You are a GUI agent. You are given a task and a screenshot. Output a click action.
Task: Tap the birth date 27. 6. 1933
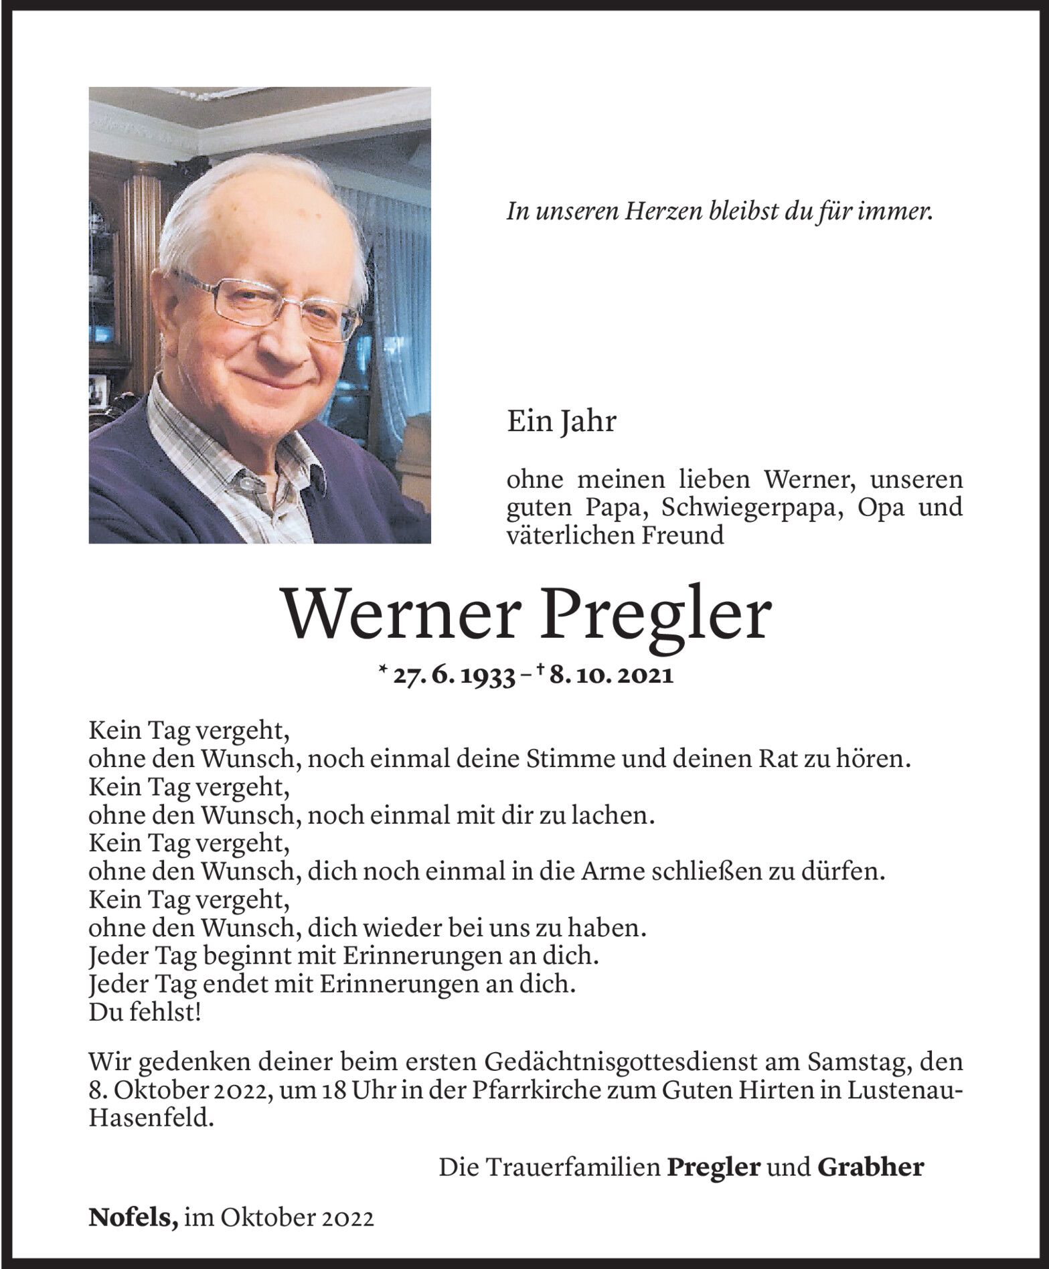453,677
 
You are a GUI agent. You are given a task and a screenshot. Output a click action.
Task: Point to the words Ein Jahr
561,423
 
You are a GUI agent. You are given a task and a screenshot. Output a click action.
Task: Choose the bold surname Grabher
870,1167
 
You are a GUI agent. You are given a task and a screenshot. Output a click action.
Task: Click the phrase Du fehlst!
145,1013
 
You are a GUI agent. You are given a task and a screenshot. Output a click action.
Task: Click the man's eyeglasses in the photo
268,305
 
